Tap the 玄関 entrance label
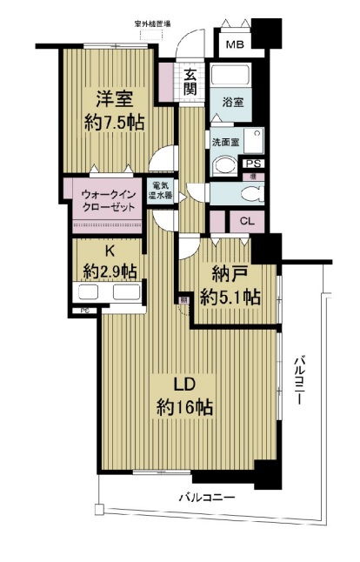pyautogui.click(x=190, y=82)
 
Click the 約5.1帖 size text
pyautogui.click(x=229, y=298)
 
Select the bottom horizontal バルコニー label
pyautogui.click(x=207, y=498)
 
